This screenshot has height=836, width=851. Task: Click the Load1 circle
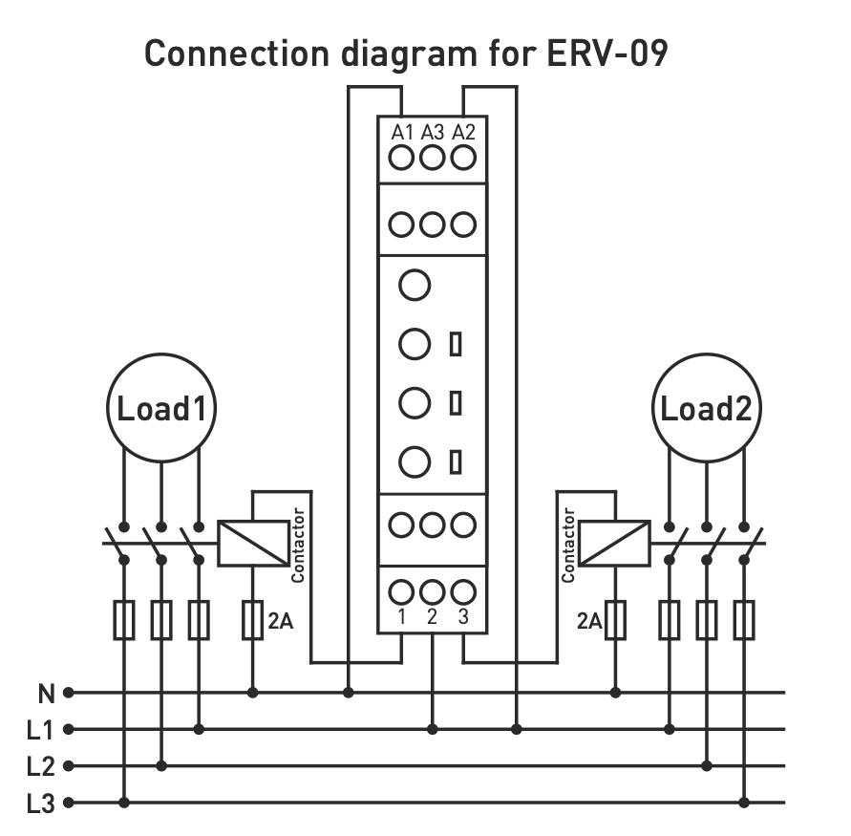click(161, 409)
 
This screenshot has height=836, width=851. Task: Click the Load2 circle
click(707, 409)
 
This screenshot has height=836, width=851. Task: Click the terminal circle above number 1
click(402, 591)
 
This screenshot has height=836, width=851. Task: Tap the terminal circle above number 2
click(433, 591)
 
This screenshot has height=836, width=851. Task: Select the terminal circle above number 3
click(463, 591)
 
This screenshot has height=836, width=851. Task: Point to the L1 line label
click(40, 730)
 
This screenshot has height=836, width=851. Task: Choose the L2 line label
click(40, 766)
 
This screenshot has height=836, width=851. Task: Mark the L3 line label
click(40, 804)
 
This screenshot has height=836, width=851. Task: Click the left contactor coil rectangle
click(253, 544)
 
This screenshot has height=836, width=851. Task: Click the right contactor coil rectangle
click(615, 544)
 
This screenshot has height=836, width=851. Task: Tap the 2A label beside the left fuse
click(280, 622)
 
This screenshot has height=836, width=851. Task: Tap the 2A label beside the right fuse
click(589, 622)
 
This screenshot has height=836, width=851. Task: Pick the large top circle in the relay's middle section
click(415, 285)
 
